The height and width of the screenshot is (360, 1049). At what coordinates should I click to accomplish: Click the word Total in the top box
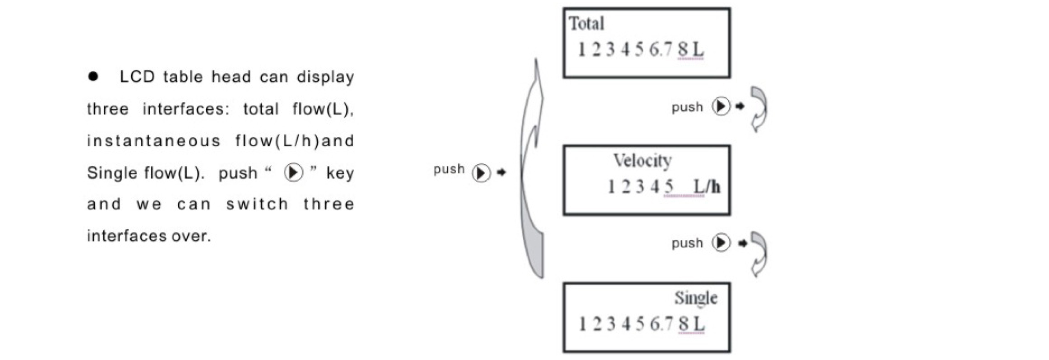pyautogui.click(x=586, y=24)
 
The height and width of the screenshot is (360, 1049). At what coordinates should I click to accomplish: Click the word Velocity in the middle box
pyautogui.click(x=642, y=161)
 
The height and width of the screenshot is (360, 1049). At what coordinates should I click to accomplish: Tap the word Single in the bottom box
pyautogui.click(x=696, y=298)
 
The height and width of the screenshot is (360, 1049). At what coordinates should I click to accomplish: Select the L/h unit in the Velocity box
pyautogui.click(x=707, y=187)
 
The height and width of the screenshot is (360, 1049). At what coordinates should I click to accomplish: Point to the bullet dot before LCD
pyautogui.click(x=93, y=77)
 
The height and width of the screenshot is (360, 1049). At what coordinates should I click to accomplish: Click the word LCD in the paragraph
pyautogui.click(x=137, y=77)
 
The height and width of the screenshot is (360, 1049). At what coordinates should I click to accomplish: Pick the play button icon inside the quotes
pyautogui.click(x=293, y=172)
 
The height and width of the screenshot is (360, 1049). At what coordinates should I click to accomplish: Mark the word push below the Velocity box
pyautogui.click(x=687, y=243)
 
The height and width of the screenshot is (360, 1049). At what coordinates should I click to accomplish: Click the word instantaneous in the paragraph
pyautogui.click(x=154, y=141)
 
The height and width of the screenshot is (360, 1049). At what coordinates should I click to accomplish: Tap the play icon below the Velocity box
pyautogui.click(x=721, y=243)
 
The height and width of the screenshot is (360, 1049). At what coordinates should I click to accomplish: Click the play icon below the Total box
pyautogui.click(x=721, y=107)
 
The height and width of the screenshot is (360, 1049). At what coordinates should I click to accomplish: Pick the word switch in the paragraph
pyautogui.click(x=257, y=204)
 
